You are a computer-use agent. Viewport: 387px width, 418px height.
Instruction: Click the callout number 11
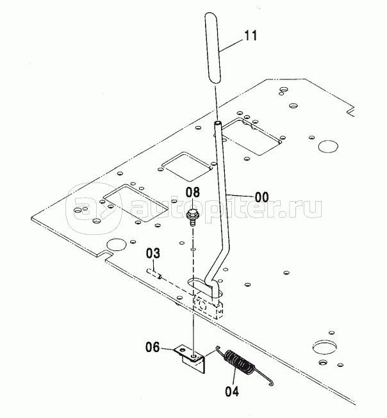251,35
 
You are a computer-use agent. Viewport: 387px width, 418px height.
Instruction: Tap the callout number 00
261,198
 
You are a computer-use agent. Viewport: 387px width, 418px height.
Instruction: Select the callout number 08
193,192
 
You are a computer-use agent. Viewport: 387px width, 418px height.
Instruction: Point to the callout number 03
153,253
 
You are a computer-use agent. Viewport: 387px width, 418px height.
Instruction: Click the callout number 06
152,348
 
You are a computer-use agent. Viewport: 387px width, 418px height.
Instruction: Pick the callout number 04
232,392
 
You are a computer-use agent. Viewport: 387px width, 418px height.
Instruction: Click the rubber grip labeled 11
213,48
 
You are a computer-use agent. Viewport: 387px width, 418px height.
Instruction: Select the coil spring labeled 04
240,362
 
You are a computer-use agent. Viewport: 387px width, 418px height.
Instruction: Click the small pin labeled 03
154,274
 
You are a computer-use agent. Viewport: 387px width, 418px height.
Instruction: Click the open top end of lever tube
217,123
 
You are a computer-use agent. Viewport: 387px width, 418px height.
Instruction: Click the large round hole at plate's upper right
328,147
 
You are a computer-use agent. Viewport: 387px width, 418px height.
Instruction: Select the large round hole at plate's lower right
324,347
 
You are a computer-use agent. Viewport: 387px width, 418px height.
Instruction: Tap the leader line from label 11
231,45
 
